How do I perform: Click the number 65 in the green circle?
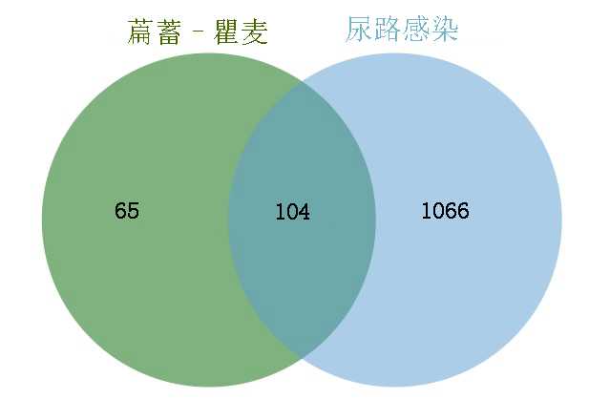(x=127, y=211)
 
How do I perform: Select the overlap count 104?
(x=292, y=212)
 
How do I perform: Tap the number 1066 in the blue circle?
(x=445, y=211)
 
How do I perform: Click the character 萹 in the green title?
(x=141, y=33)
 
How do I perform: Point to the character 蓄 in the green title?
(x=172, y=33)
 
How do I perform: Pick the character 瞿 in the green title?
(x=226, y=33)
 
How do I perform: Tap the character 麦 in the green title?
(x=255, y=33)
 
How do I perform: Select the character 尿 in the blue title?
(x=359, y=31)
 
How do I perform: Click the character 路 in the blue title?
(x=388, y=31)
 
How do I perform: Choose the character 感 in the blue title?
(x=416, y=31)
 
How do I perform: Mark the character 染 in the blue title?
(x=445, y=31)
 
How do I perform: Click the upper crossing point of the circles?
(x=302, y=82)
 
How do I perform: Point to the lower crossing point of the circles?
(x=302, y=358)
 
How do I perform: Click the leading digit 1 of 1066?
(x=426, y=211)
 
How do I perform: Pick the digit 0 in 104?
(x=292, y=212)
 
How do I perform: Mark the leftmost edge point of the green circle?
(x=42, y=220)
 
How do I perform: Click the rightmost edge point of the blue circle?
(x=561, y=220)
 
